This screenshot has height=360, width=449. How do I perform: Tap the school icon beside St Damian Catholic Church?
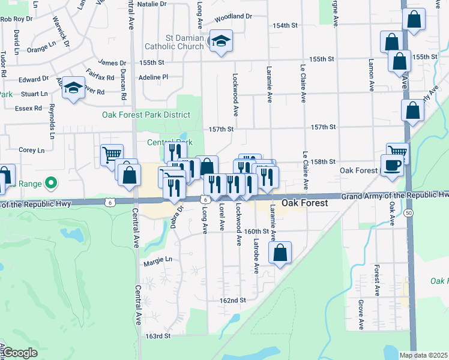point(221,41)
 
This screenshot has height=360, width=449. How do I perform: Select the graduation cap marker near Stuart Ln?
point(74,89)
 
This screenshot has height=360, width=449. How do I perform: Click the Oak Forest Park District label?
point(146,115)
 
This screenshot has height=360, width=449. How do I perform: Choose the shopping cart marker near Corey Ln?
point(111,155)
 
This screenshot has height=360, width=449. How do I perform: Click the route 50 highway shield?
point(408,212)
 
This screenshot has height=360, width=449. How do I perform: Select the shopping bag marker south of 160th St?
point(280,253)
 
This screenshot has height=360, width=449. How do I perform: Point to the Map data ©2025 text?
point(423,355)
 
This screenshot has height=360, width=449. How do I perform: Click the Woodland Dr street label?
point(233,17)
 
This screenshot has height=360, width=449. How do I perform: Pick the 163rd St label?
point(158,336)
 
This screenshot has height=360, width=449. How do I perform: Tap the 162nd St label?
point(234,300)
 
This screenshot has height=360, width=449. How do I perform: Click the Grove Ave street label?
point(361,316)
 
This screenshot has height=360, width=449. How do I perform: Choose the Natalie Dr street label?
point(152,4)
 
